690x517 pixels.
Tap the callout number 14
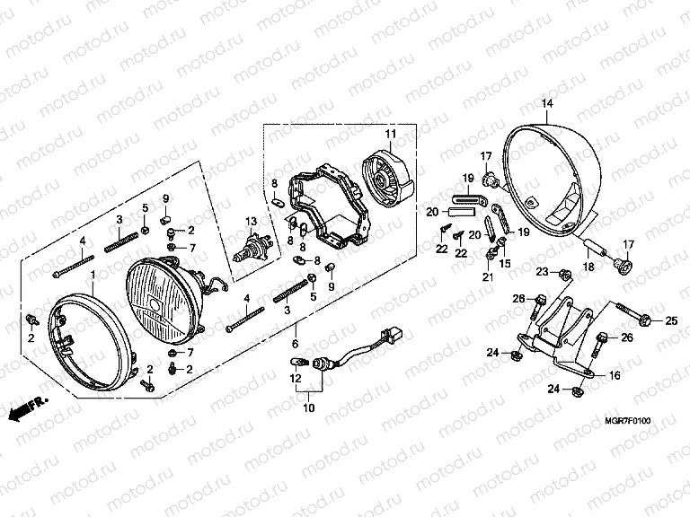(x=545, y=105)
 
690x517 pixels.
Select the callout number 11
(x=390, y=135)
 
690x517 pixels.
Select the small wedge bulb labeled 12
(x=297, y=362)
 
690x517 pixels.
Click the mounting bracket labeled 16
(x=557, y=342)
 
